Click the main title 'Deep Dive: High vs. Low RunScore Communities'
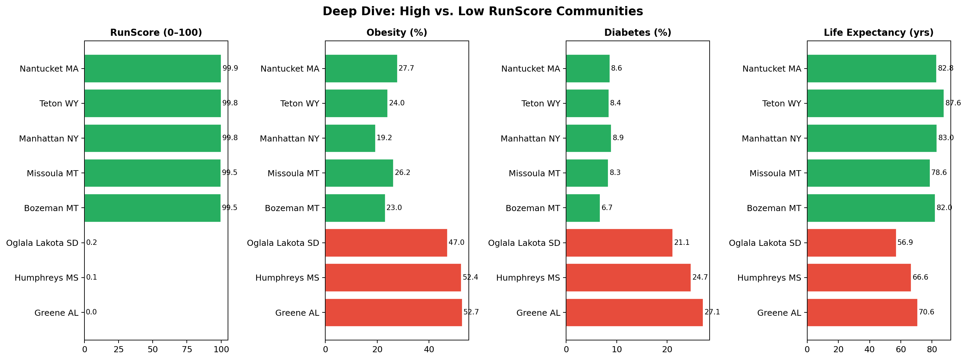(483, 11)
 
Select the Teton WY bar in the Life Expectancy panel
(875, 103)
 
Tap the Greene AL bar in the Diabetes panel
(634, 312)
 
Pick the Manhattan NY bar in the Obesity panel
(350, 138)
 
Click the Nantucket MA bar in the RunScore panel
(152, 68)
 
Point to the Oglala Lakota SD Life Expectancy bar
(851, 242)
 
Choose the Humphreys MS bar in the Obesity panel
(393, 277)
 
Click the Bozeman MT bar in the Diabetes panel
(583, 208)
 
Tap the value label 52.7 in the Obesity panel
(471, 312)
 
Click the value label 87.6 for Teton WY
(953, 103)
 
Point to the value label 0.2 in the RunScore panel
(92, 242)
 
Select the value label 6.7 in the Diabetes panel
(607, 208)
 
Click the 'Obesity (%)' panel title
(397, 33)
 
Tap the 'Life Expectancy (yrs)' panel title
(879, 33)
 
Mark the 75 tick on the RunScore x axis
(187, 350)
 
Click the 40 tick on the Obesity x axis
(429, 350)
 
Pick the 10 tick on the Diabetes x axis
(617, 350)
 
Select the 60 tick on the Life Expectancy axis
(900, 350)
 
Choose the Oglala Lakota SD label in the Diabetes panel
(524, 243)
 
